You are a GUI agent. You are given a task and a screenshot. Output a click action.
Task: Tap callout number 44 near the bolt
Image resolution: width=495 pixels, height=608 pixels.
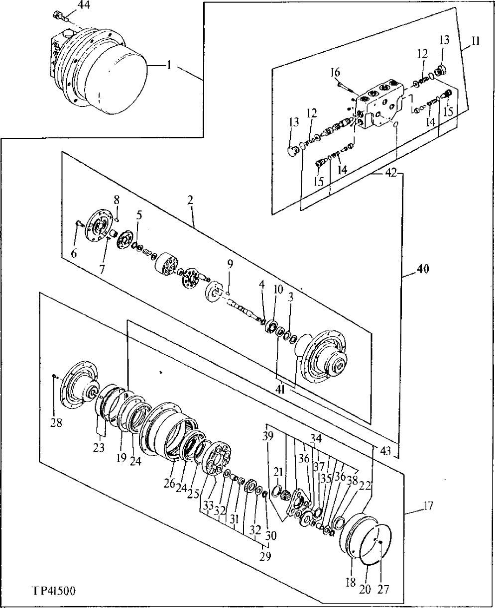pos(85,5)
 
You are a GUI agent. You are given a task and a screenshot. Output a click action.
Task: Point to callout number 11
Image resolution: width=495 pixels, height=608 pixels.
pos(475,42)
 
